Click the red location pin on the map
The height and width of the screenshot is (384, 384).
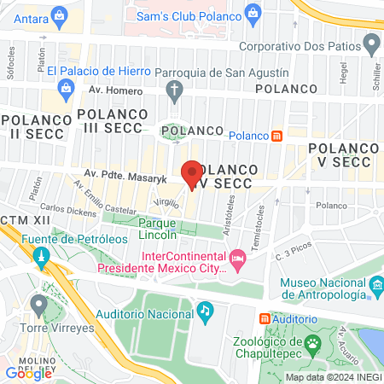(x=193, y=172)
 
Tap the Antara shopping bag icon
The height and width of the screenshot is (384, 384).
(x=59, y=15)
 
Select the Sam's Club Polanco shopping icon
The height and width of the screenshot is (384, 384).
(x=252, y=11)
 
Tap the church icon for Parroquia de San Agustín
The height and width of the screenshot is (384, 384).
(x=175, y=89)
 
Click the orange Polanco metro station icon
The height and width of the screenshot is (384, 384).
(x=276, y=135)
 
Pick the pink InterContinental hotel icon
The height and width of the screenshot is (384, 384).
(x=237, y=256)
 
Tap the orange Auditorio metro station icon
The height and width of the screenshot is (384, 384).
(x=264, y=317)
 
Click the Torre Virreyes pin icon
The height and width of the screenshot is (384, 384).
(x=38, y=303)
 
